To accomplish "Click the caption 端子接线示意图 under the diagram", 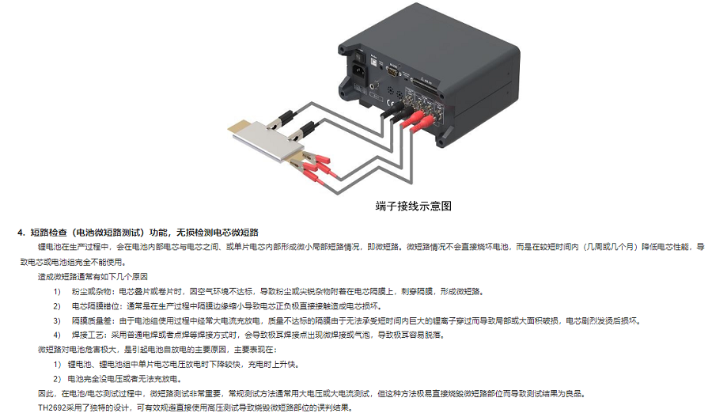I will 413,206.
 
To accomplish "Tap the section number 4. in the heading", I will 22,232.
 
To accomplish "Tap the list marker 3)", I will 57,320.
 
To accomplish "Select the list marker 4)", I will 57,335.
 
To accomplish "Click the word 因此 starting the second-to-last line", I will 46,393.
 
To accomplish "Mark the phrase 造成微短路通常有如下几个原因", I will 93,277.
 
